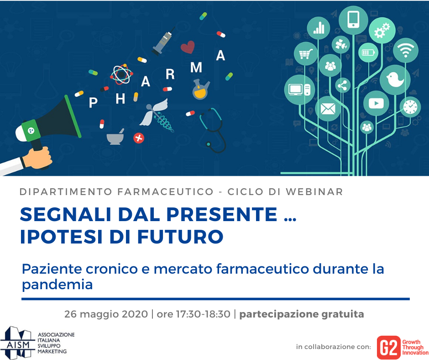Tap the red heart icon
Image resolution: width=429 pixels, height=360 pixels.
coord(188,47)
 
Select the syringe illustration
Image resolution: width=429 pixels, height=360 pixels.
coord(163,41)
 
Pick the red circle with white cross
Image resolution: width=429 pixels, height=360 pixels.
coord(139,138)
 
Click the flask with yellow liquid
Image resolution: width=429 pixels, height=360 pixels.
coord(201,89)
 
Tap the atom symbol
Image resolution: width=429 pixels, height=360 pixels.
coord(121,74)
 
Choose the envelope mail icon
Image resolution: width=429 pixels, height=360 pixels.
coord(328,109)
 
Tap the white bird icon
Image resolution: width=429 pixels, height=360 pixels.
coord(395,80)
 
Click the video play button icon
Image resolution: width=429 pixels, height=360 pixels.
coord(376,103)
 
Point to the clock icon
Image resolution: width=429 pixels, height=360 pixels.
coord(410,107)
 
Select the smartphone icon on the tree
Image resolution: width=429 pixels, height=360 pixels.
coord(353,20)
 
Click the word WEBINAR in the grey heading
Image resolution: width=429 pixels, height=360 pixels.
coord(314,192)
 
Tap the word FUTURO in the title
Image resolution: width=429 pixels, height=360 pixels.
coord(180,237)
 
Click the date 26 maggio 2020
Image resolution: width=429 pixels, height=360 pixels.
coord(106,314)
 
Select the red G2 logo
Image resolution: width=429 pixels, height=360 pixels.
coord(388,347)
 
